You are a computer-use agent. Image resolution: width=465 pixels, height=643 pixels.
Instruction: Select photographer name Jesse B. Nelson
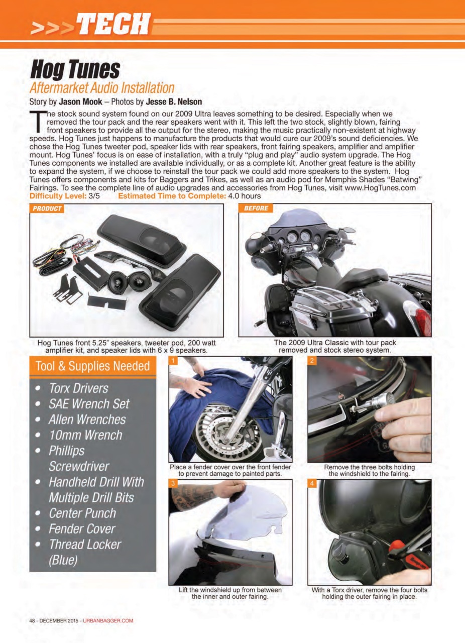point(173,101)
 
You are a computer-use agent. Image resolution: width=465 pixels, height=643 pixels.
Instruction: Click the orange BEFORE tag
point(256,208)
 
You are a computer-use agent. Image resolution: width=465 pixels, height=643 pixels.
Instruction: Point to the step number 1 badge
point(173,361)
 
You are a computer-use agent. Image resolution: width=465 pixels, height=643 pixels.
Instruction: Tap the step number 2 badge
point(312,361)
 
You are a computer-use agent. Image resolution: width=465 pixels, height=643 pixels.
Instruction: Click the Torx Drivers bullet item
point(78,388)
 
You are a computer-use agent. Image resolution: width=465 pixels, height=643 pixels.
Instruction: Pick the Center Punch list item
point(82,513)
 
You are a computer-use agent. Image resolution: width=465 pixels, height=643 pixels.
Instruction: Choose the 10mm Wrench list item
point(85,435)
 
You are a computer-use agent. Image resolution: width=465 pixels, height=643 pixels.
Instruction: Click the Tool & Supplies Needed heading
point(93,366)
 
